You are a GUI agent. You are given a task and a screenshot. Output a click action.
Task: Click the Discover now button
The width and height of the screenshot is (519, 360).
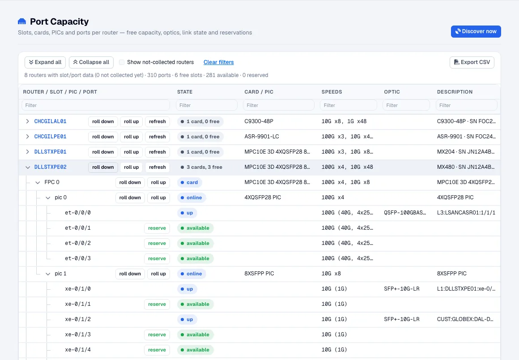pyautogui.click(x=476, y=31)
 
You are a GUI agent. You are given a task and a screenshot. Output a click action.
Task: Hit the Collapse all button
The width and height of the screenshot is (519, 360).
pyautogui.click(x=91, y=62)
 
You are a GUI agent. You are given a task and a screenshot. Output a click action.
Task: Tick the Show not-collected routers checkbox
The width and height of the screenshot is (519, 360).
pyautogui.click(x=122, y=62)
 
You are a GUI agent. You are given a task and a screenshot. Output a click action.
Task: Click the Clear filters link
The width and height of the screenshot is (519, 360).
pyautogui.click(x=218, y=62)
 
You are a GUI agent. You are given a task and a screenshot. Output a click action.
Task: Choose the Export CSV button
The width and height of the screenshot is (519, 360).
pyautogui.click(x=472, y=62)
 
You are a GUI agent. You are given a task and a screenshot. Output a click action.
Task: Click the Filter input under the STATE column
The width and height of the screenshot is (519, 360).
pyautogui.click(x=207, y=105)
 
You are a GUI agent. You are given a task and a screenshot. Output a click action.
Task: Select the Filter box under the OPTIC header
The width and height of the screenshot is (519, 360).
pyautogui.click(x=406, y=105)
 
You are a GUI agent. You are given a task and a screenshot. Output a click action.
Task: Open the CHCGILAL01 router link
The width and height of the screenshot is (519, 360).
pyautogui.click(x=50, y=121)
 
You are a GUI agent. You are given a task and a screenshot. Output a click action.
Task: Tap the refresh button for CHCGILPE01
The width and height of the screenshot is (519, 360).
pyautogui.click(x=157, y=137)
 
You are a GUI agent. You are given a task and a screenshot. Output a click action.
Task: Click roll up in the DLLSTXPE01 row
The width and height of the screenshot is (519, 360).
pyautogui.click(x=132, y=152)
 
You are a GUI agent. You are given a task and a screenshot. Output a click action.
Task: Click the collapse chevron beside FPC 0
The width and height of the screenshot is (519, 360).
pyautogui.click(x=38, y=183)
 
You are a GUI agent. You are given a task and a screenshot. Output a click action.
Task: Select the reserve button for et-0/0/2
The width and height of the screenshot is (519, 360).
pyautogui.click(x=157, y=244)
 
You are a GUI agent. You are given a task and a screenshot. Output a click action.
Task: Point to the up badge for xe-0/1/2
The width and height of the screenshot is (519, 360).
pyautogui.click(x=187, y=320)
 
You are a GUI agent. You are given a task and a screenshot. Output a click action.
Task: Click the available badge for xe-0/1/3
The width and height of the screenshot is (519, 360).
pyautogui.click(x=195, y=335)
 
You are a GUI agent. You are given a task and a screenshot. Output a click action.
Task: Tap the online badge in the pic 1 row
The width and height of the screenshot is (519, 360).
pyautogui.click(x=191, y=274)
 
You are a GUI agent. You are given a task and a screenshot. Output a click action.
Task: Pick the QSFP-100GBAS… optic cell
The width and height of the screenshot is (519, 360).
pyautogui.click(x=405, y=213)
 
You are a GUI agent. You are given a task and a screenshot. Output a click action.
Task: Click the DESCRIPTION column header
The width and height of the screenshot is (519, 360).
pyautogui.click(x=455, y=92)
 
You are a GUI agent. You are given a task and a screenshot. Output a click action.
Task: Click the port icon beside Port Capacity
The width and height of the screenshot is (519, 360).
pyautogui.click(x=22, y=21)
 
